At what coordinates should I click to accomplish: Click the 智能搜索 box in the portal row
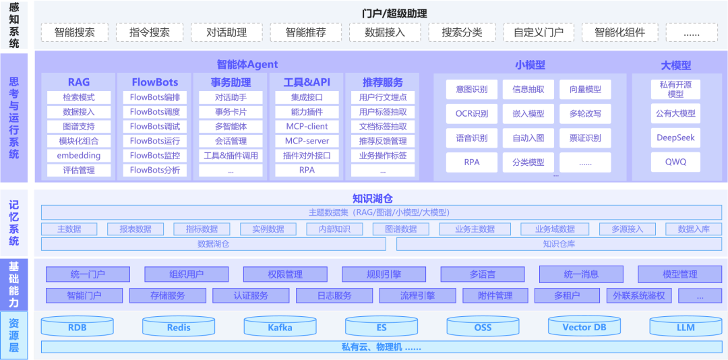[x=75, y=32]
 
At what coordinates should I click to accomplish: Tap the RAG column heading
[x=79, y=82]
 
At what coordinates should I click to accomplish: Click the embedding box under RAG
[x=79, y=156]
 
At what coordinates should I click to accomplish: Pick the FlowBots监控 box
[x=155, y=156]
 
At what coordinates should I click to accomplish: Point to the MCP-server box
[x=307, y=141]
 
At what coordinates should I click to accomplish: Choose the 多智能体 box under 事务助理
[x=231, y=127]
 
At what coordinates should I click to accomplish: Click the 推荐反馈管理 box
[x=383, y=141]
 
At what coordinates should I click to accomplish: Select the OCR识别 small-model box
[x=472, y=114]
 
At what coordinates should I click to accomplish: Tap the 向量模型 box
[x=585, y=89]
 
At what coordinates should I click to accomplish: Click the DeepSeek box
[x=675, y=138]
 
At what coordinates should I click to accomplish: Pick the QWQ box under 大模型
[x=675, y=162]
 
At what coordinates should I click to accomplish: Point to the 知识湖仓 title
[x=372, y=199]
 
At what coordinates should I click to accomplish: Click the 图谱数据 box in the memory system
[x=401, y=229]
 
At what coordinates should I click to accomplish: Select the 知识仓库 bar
[x=559, y=244]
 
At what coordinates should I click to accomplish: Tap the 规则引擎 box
[x=384, y=274]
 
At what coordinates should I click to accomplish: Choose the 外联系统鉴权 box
[x=639, y=295]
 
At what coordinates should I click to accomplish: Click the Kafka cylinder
[x=280, y=328]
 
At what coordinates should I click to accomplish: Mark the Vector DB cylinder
[x=584, y=328]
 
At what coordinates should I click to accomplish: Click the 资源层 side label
[x=14, y=335]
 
